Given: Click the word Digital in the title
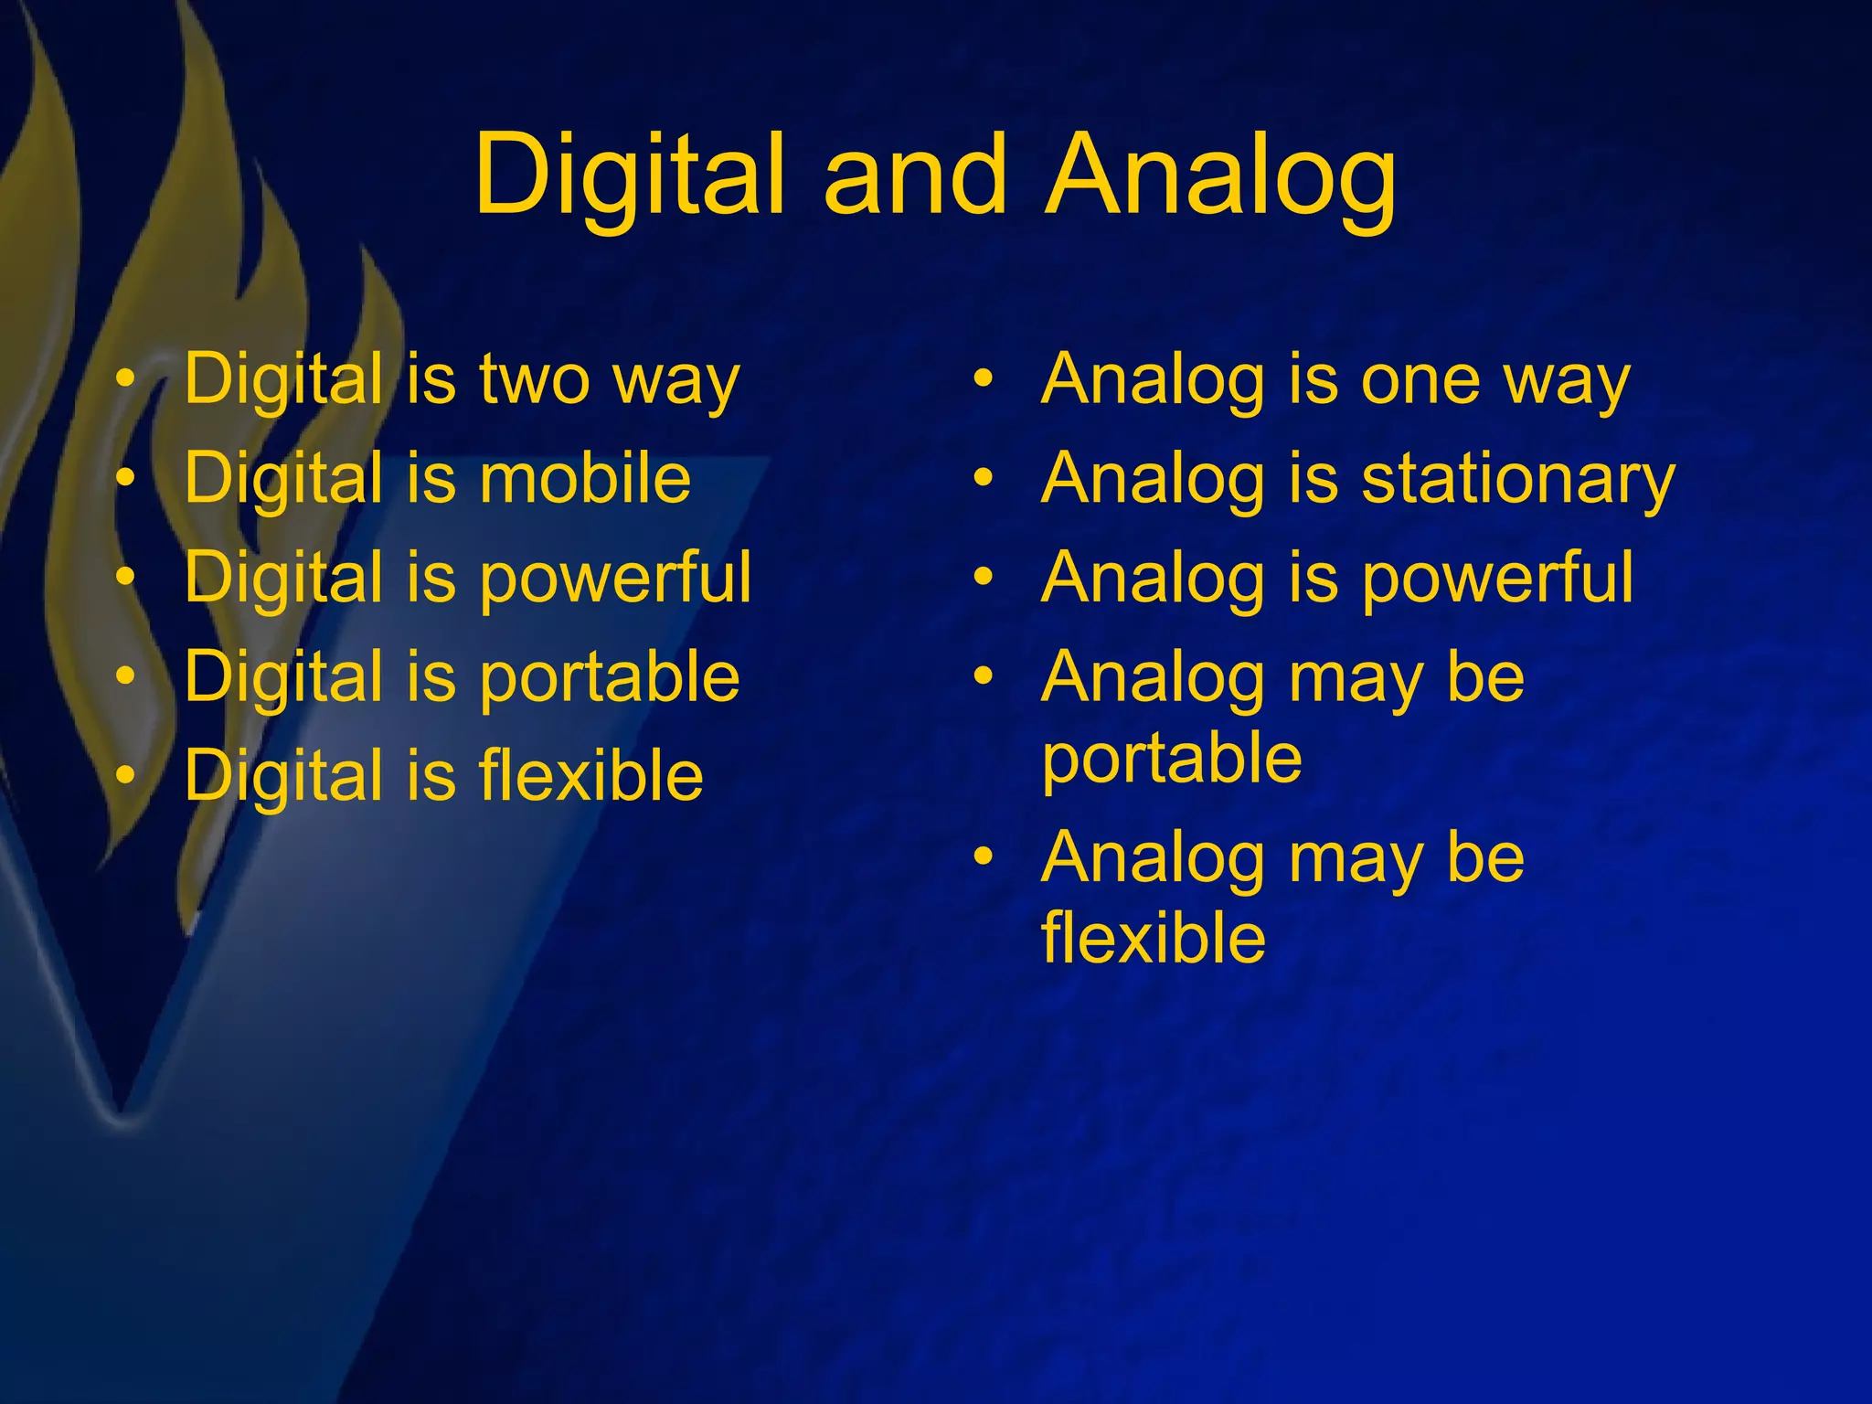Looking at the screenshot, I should point(629,175).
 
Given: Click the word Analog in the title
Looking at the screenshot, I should point(1221,175).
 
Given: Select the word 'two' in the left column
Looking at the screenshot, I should point(534,379).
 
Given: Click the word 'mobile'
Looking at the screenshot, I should point(585,478).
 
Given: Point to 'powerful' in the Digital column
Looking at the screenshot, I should point(615,578).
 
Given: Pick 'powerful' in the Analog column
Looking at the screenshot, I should point(1497,578).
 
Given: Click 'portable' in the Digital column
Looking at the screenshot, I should point(609,677).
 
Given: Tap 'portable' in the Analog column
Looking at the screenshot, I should point(1172,759).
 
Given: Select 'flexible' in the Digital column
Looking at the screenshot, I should point(590,776).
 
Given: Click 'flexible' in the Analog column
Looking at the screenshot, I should point(1154,939).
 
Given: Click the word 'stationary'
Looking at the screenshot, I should point(1517,479).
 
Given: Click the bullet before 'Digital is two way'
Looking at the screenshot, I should point(126,378).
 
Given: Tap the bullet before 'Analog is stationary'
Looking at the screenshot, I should point(983,477).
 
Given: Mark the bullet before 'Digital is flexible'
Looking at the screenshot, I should point(126,775).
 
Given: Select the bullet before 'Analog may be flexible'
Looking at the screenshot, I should point(983,856).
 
